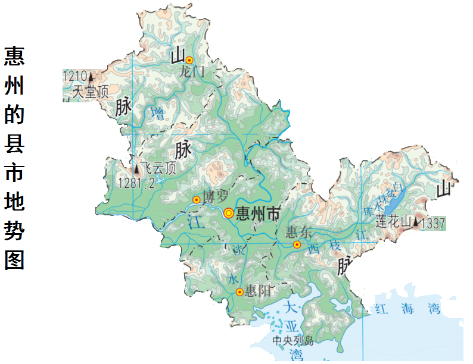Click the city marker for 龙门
[189, 60]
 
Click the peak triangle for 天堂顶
[91, 76]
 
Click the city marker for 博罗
[197, 200]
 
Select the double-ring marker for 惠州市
[229, 213]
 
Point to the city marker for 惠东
[297, 244]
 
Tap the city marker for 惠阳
[239, 292]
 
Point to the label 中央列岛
[292, 341]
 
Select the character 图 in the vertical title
[14, 260]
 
